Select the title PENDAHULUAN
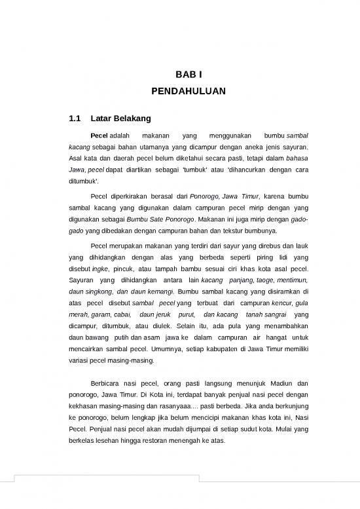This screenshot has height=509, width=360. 179,92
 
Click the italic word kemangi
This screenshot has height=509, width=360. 160,292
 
